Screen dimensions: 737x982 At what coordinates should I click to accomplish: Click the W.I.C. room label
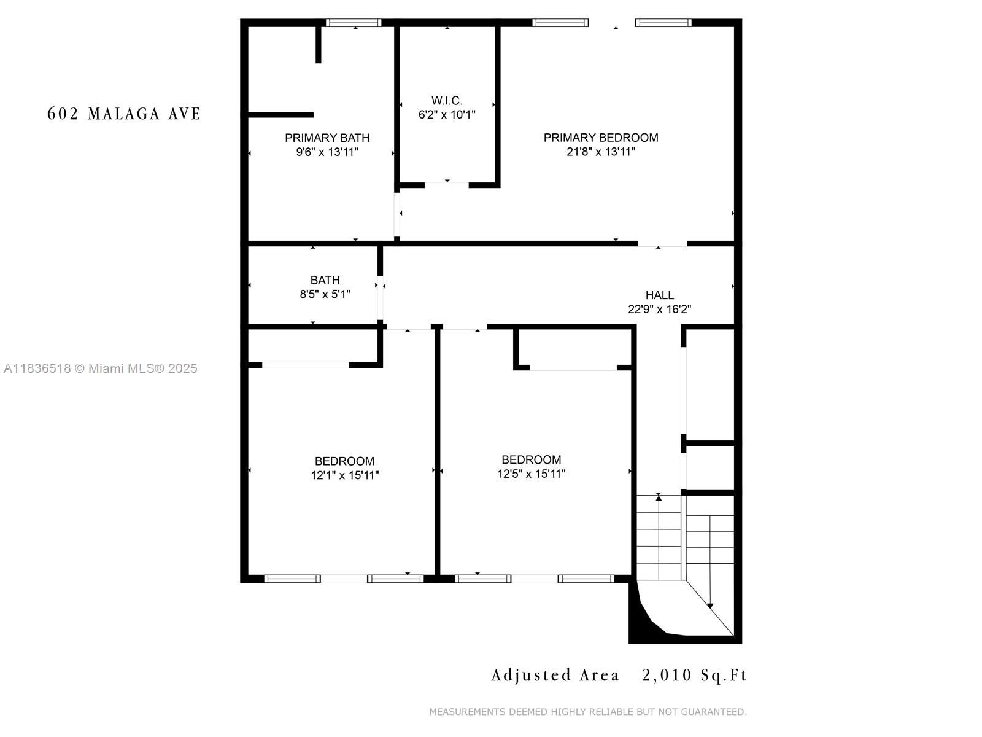[x=447, y=100]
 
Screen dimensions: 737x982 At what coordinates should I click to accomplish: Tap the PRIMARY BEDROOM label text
[x=600, y=138]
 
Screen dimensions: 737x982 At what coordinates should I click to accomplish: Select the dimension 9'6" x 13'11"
[x=327, y=152]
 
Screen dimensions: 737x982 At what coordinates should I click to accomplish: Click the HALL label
[x=659, y=295]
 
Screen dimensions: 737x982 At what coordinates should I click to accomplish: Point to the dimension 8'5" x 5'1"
[x=325, y=294]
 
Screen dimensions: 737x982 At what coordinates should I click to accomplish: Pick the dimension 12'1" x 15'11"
[x=344, y=475]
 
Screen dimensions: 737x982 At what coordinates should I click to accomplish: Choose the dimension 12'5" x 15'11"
[x=531, y=474]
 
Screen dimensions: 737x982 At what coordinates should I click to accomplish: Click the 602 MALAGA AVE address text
[x=124, y=114]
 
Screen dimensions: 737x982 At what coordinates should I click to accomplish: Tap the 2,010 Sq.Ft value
[x=694, y=676]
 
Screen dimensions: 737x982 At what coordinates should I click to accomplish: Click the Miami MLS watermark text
[x=101, y=368]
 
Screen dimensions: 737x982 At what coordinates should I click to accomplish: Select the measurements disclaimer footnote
[x=587, y=712]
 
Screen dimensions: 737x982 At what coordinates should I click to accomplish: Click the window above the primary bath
[x=353, y=23]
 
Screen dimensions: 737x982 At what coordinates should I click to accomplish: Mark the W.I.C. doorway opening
[x=447, y=184]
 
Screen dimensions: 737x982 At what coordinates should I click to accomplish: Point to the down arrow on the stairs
[x=710, y=605]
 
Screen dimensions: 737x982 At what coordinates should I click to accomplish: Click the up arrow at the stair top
[x=659, y=497]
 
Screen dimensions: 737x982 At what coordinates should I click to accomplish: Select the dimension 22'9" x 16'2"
[x=659, y=309]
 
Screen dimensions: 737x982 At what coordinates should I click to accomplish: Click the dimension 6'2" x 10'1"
[x=447, y=114]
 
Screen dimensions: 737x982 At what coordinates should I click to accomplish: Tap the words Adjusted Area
[x=555, y=676]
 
